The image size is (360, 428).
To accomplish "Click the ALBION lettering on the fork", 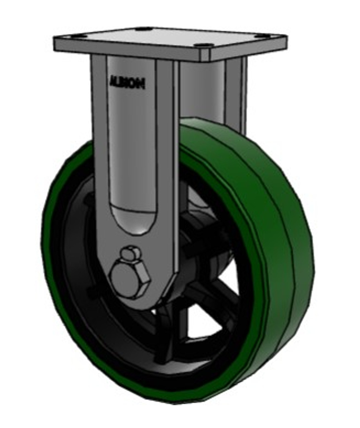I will [127, 82].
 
